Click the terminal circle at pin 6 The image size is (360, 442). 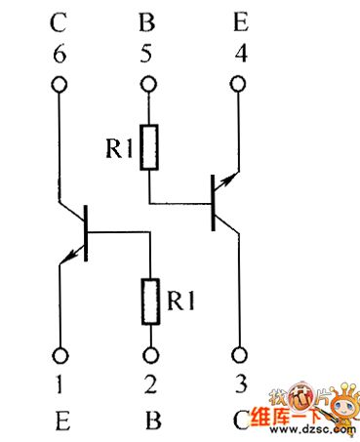click(x=60, y=85)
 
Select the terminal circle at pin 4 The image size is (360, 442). click(x=239, y=85)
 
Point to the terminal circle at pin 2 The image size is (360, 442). click(x=149, y=356)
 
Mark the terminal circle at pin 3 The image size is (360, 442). click(x=239, y=356)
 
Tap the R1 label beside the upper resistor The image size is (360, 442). click(x=119, y=148)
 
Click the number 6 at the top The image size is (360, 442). click(x=60, y=54)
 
